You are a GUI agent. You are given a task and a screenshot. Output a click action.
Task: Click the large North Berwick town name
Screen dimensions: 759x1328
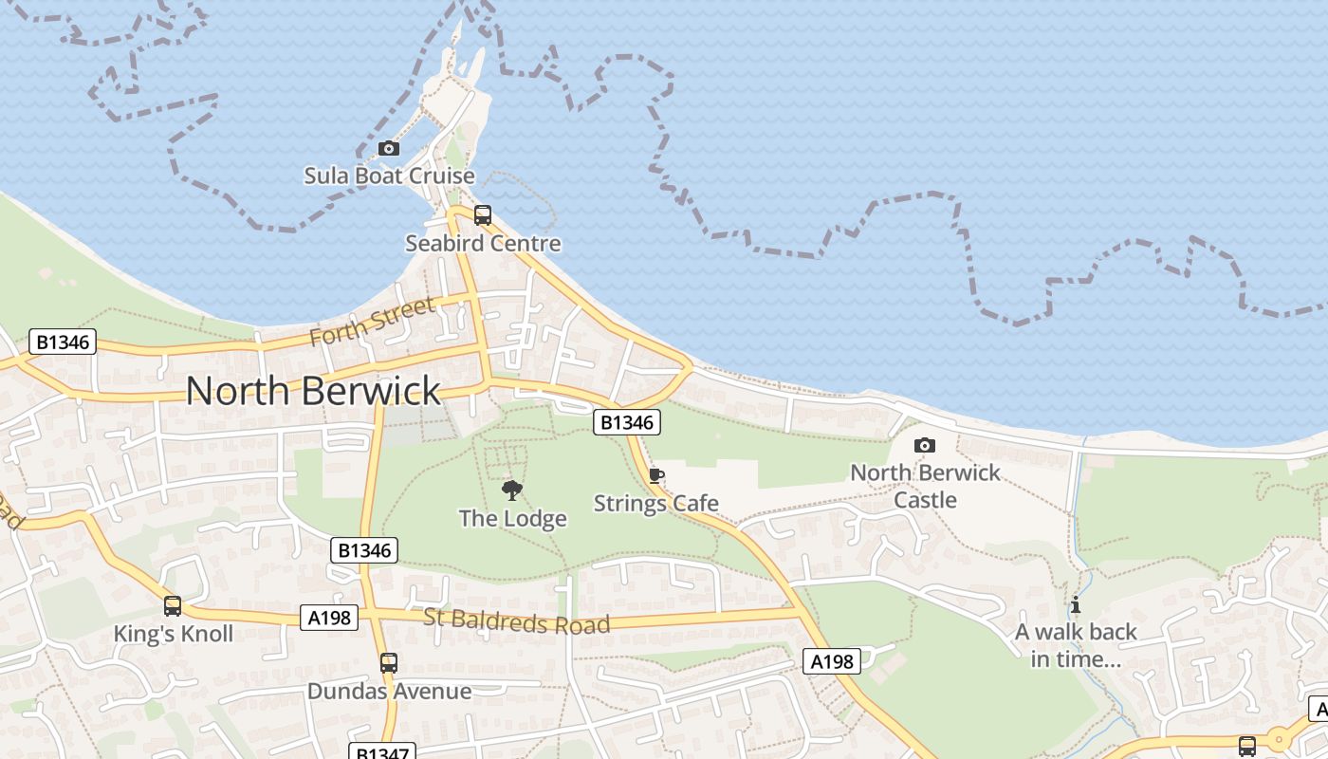click(313, 391)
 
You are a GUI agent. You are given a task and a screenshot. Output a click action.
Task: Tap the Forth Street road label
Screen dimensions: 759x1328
click(372, 322)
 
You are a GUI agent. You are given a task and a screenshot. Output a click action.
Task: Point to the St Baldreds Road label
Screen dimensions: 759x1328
click(516, 621)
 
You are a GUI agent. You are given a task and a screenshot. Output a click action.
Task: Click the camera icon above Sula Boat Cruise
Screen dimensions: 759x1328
click(388, 148)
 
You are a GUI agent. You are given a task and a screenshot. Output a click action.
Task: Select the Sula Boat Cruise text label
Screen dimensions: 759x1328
click(389, 176)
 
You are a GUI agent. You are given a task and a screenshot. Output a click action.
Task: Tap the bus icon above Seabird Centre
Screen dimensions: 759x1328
click(482, 215)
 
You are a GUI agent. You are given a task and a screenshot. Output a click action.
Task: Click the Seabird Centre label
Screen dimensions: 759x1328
click(483, 244)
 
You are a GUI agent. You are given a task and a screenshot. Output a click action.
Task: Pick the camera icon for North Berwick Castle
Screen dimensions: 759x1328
click(924, 445)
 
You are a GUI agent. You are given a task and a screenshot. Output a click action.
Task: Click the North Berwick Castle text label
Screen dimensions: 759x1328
click(925, 486)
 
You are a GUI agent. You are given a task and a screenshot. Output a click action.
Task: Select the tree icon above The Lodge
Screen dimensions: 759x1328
click(512, 491)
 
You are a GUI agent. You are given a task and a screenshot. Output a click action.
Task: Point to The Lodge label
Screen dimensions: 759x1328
click(512, 518)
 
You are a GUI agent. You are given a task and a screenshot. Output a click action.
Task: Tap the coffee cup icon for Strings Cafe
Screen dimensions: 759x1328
click(655, 476)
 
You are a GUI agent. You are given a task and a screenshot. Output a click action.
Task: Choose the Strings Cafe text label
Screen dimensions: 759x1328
click(655, 503)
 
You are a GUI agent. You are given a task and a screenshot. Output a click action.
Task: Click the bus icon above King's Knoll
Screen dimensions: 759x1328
click(173, 605)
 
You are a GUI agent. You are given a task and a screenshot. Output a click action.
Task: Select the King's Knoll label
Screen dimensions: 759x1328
click(173, 634)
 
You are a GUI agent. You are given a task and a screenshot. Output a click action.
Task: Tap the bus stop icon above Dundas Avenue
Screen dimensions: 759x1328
click(388, 663)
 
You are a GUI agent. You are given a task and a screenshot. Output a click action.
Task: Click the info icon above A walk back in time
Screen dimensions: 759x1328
click(1075, 604)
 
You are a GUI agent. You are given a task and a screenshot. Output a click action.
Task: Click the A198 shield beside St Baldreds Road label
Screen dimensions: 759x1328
click(329, 618)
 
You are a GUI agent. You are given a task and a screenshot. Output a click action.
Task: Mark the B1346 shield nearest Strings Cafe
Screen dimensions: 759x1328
click(626, 422)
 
